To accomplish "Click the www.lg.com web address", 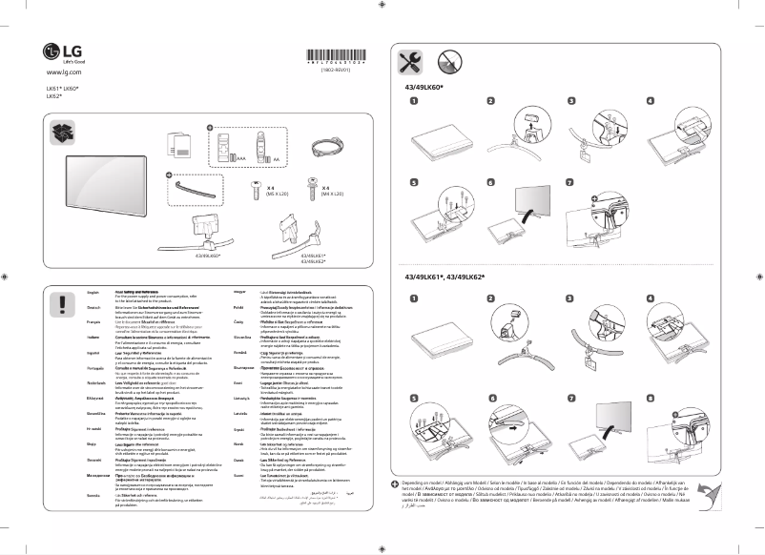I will click(62, 72).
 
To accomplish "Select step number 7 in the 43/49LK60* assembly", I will click(571, 181).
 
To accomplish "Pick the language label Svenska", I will click(93, 496).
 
